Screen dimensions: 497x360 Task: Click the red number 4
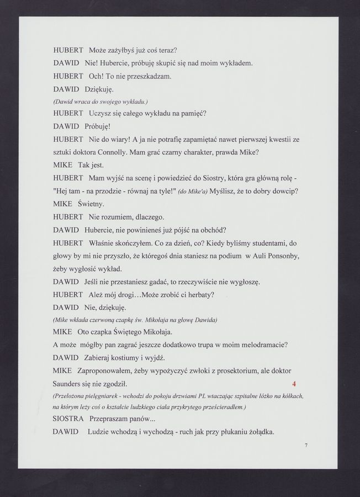pyautogui.click(x=294, y=383)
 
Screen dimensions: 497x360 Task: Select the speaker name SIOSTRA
pyautogui.click(x=68, y=419)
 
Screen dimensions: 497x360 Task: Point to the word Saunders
pyautogui.click(x=71, y=383)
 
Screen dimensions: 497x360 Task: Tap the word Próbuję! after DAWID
pyautogui.click(x=99, y=126)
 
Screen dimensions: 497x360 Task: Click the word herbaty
pyautogui.click(x=196, y=294)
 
